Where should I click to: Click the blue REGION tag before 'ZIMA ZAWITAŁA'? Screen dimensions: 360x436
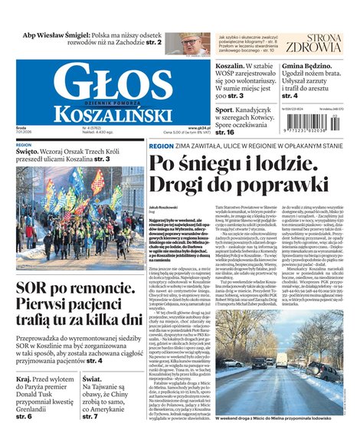[x=161, y=145]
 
